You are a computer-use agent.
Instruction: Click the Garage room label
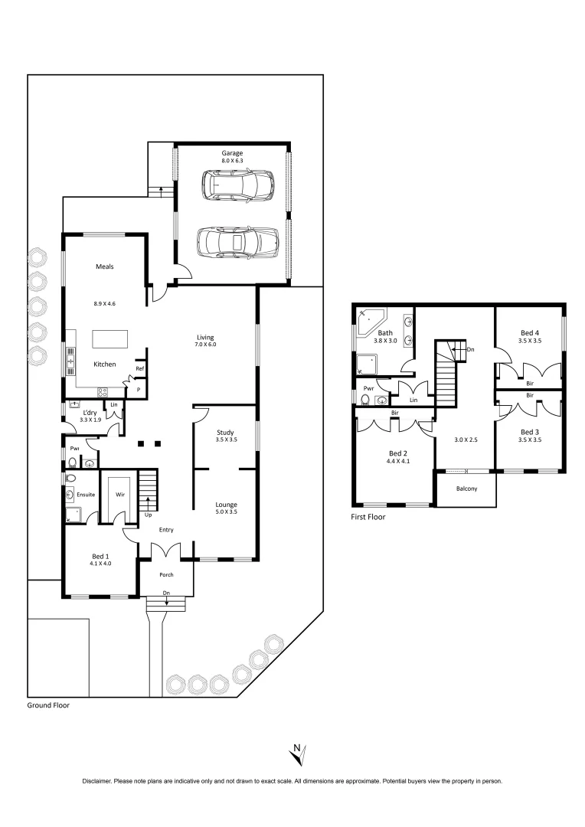coord(232,153)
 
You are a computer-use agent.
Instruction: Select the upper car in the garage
coord(237,186)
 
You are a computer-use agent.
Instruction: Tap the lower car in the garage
coord(237,243)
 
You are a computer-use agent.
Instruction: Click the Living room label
coord(204,337)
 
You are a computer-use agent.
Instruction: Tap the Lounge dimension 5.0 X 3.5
coord(226,514)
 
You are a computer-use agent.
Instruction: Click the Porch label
coord(166,575)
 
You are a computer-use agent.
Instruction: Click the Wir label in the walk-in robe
coord(120,495)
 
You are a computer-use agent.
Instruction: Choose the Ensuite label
coord(86,495)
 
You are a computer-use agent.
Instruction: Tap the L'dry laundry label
coord(90,413)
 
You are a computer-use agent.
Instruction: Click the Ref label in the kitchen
coord(139,368)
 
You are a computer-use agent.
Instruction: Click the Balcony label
coord(466,489)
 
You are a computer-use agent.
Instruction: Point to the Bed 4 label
coord(529,332)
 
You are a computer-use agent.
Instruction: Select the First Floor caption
coord(368,517)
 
